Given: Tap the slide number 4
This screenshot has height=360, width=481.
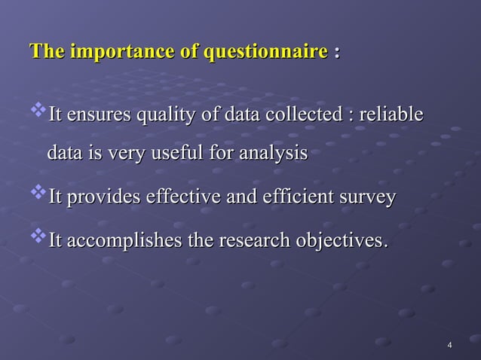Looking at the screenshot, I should tap(449, 346).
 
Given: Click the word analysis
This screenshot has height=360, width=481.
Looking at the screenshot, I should tap(272, 154).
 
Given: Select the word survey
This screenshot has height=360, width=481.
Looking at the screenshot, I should tap(367, 199).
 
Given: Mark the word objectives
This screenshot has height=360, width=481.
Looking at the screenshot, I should tap(342, 242).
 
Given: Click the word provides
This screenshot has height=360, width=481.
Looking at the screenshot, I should tap(99, 198).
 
